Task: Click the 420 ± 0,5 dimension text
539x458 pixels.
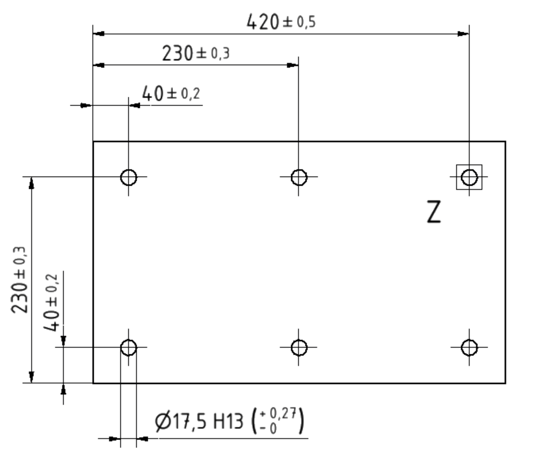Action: (x=281, y=22)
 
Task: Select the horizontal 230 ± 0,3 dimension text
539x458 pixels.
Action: (x=195, y=53)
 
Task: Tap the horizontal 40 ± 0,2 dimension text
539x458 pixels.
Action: (x=171, y=94)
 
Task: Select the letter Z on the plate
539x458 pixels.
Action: (x=434, y=212)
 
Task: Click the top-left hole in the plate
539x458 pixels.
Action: (x=129, y=177)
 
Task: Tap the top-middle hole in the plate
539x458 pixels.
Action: (x=299, y=177)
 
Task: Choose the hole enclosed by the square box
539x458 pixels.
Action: (x=470, y=177)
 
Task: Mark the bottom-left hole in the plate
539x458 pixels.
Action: (x=129, y=347)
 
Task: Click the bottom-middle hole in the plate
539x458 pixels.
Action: (x=299, y=347)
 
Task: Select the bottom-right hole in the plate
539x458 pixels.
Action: (x=470, y=347)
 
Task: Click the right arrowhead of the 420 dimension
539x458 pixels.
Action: (x=464, y=34)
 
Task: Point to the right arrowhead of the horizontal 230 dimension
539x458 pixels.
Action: (x=293, y=65)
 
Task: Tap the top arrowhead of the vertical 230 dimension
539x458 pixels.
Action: (x=32, y=182)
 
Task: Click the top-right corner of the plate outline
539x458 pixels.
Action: (x=505, y=142)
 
